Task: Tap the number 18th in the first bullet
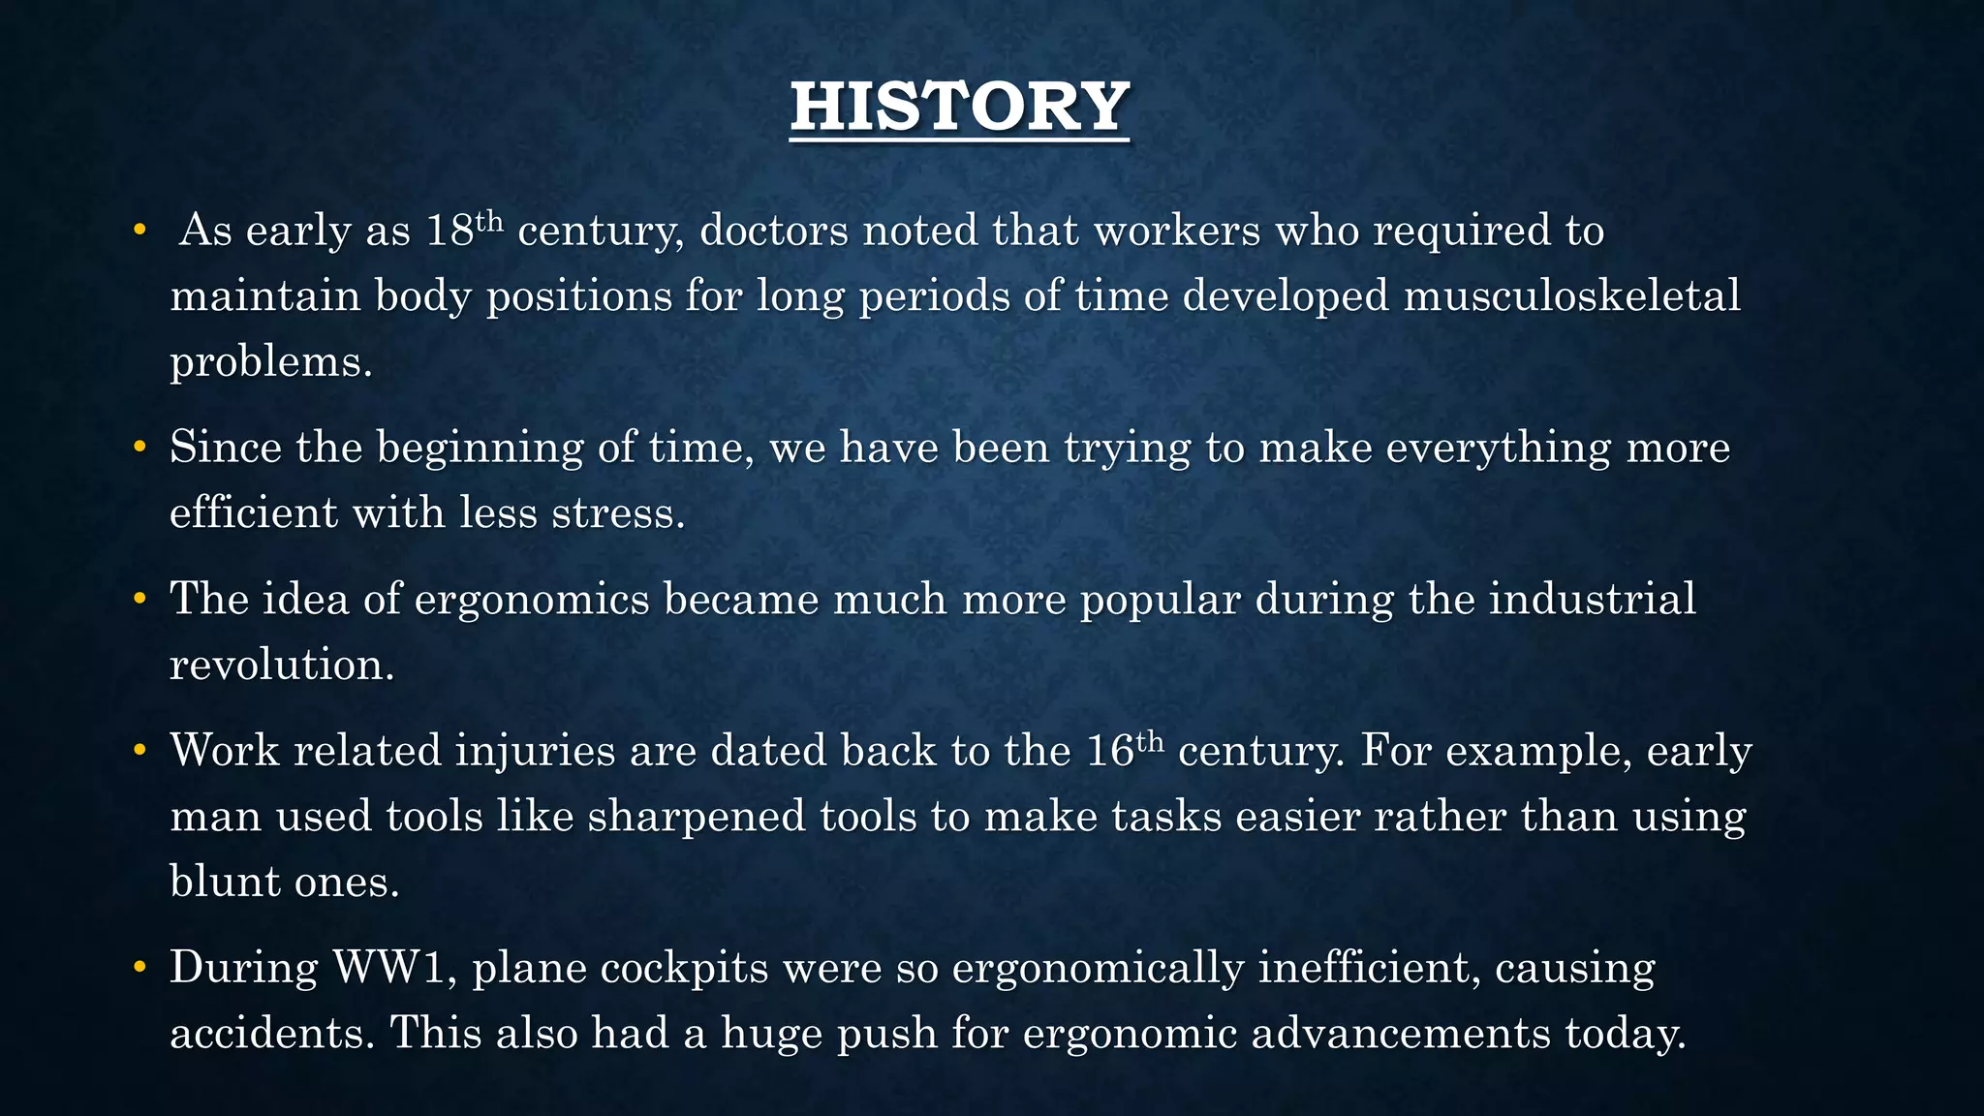pyautogui.click(x=464, y=230)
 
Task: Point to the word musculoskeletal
pyautogui.click(x=1571, y=295)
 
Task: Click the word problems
pyautogui.click(x=271, y=362)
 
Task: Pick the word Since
pyautogui.click(x=226, y=448)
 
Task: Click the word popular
pyautogui.click(x=1160, y=600)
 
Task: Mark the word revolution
pyautogui.click(x=282, y=665)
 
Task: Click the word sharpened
pyautogui.click(x=696, y=816)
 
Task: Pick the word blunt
pyautogui.click(x=225, y=882)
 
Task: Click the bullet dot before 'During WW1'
pyautogui.click(x=139, y=967)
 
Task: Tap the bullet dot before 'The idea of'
pyautogui.click(x=139, y=599)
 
